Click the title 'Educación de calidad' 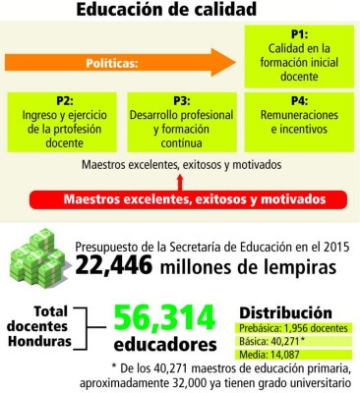(x=181, y=12)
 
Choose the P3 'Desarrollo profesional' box (x=181, y=121)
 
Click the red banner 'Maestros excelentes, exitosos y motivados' (x=187, y=198)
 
